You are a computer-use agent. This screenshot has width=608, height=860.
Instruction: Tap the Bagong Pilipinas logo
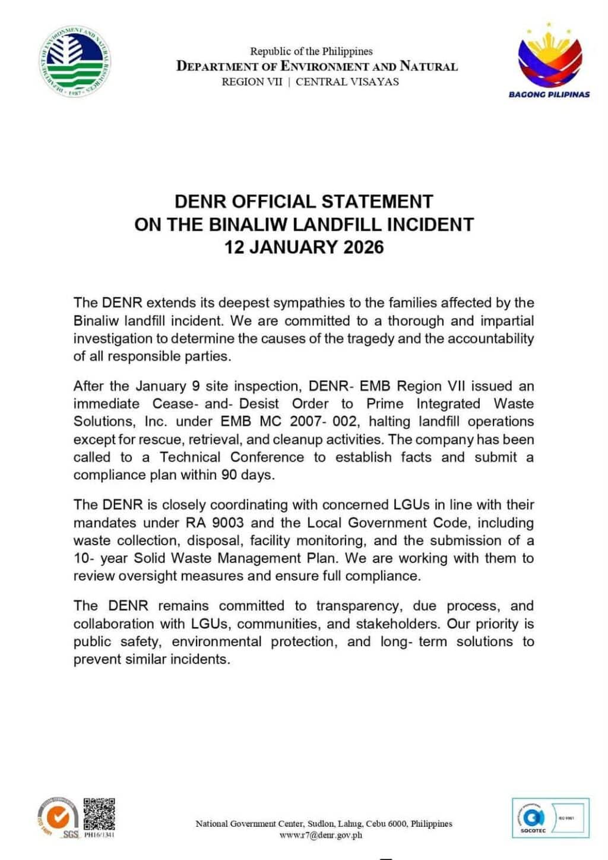click(x=549, y=59)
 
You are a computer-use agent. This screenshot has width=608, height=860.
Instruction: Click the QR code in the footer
click(x=99, y=814)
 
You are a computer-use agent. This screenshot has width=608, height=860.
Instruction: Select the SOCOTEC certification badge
click(x=550, y=818)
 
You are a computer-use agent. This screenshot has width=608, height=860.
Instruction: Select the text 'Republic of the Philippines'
click(x=311, y=51)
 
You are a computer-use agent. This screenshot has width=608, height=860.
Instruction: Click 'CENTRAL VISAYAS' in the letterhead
click(x=347, y=82)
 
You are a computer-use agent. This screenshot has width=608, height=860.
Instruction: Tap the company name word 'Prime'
click(x=385, y=404)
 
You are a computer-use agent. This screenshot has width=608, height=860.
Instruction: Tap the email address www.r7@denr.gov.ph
click(x=321, y=835)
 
